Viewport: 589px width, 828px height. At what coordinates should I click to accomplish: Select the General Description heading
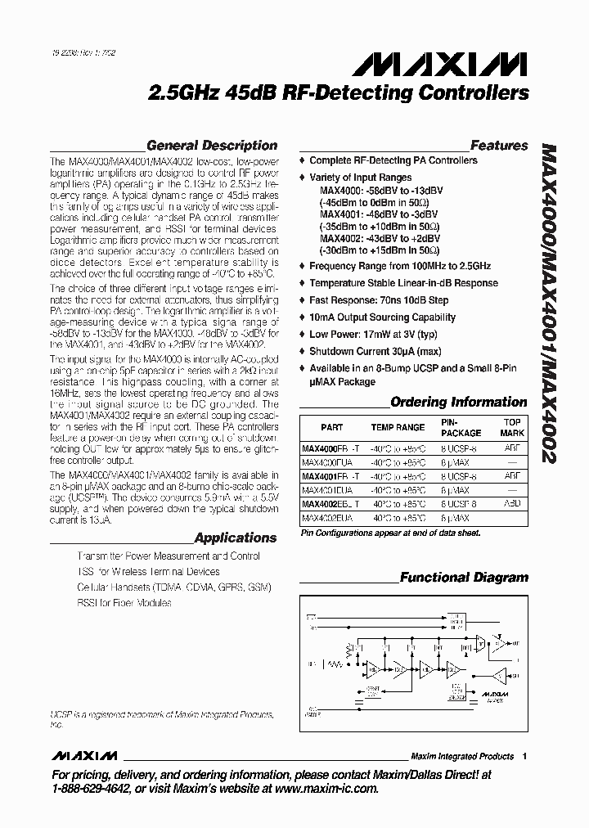212,146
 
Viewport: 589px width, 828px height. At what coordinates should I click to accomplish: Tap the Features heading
499,146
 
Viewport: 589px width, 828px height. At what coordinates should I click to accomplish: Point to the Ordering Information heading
459,402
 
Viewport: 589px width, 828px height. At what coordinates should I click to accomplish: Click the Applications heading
236,538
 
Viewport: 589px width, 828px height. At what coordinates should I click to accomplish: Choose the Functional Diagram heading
464,578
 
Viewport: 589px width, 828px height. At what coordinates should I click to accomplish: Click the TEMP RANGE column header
398,427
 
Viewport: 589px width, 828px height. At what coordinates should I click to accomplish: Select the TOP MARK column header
512,427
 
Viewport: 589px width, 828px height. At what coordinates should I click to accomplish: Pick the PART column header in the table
332,427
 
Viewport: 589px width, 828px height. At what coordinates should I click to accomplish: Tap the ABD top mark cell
512,504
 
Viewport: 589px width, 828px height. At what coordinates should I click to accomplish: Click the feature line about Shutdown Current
380,352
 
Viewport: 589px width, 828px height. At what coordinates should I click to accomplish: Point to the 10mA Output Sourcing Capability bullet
382,317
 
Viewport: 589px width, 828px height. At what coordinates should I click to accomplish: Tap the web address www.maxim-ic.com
318,789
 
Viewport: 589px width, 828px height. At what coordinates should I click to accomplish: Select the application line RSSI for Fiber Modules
124,603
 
